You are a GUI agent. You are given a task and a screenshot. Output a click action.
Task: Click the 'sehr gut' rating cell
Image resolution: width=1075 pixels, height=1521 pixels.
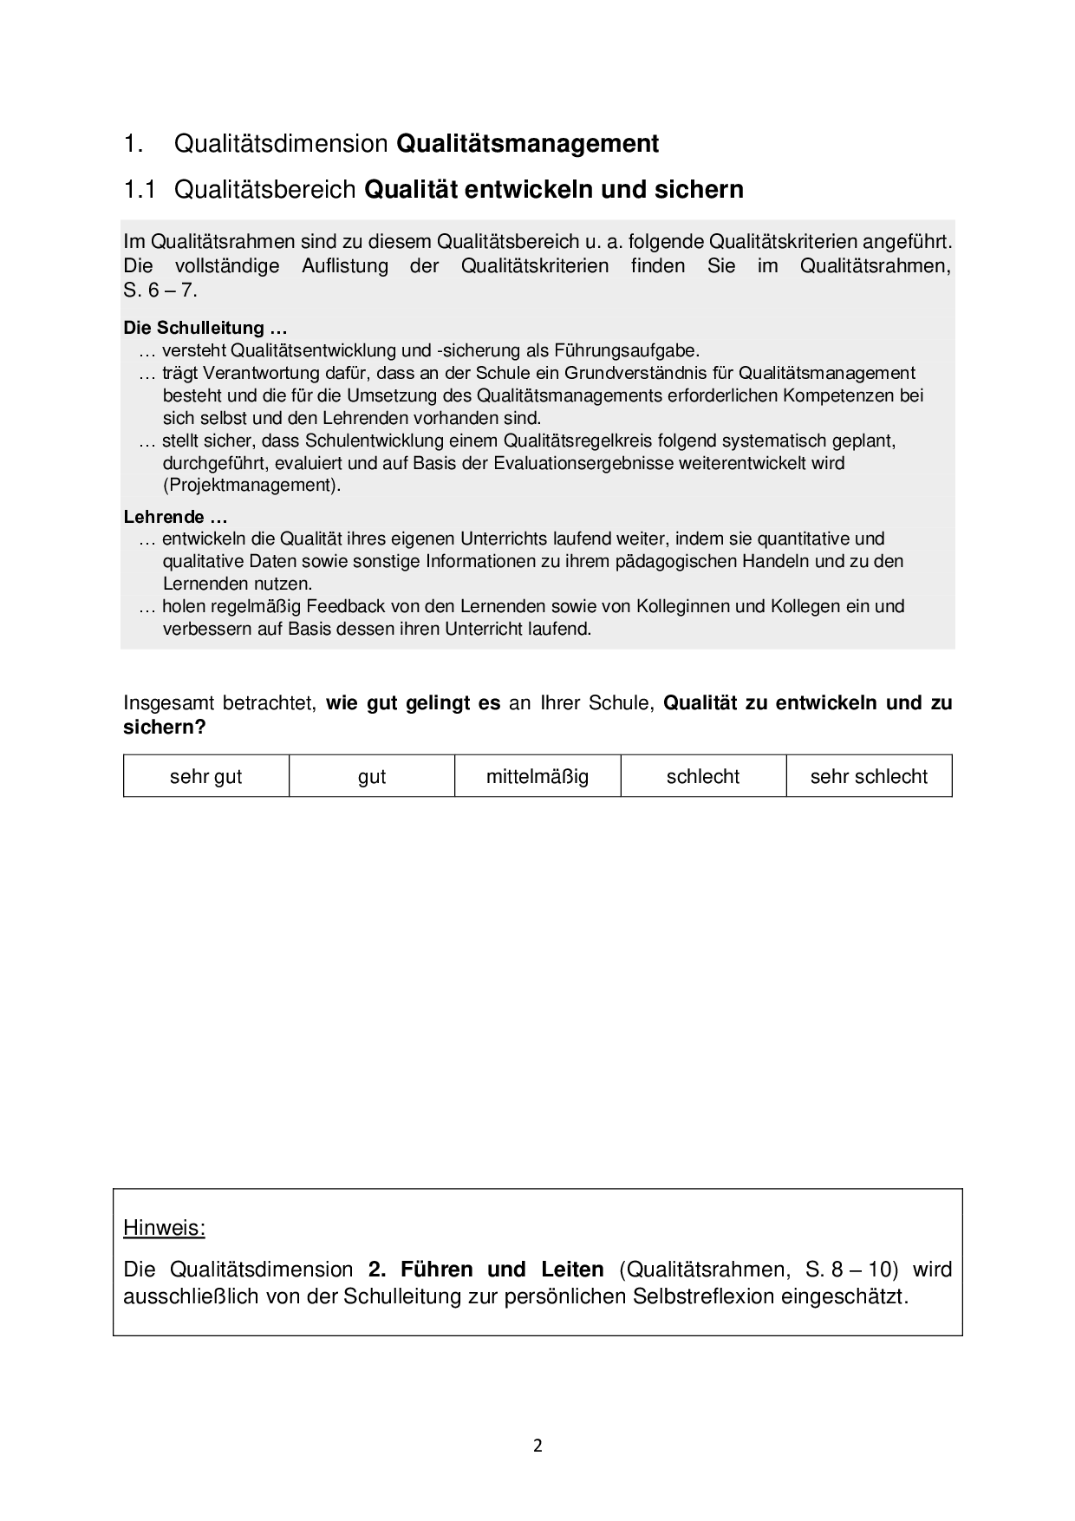click(x=205, y=776)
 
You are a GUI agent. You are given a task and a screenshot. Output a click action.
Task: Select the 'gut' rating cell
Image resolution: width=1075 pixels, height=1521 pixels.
click(x=371, y=776)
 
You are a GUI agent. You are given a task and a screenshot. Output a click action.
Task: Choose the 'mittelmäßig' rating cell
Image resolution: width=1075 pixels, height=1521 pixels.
click(x=537, y=776)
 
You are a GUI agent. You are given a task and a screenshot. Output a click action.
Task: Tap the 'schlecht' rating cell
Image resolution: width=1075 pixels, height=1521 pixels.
click(x=702, y=776)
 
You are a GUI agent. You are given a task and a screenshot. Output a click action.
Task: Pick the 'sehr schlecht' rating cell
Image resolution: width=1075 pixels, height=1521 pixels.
click(x=869, y=776)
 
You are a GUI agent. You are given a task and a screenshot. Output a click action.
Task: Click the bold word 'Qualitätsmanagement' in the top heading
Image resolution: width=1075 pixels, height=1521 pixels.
click(x=527, y=143)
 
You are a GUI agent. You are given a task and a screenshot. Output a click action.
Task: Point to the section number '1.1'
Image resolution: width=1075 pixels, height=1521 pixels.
click(x=139, y=189)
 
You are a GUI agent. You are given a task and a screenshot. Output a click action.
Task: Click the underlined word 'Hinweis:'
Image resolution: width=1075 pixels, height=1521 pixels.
click(x=164, y=1228)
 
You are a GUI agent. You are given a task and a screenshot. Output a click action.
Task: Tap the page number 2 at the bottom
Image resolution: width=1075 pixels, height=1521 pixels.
click(x=537, y=1446)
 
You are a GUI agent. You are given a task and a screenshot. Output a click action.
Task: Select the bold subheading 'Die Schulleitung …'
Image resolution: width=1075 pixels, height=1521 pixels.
click(x=205, y=328)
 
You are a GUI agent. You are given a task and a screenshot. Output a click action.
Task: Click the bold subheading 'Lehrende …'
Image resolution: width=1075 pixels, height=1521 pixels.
click(x=175, y=517)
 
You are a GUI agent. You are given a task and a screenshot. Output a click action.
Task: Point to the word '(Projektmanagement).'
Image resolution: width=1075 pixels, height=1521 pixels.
click(x=251, y=485)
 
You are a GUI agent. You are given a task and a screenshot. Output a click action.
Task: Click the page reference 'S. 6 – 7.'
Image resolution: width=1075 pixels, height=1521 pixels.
click(x=160, y=290)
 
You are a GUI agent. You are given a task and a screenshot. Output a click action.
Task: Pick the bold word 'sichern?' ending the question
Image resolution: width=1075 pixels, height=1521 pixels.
click(x=165, y=727)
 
